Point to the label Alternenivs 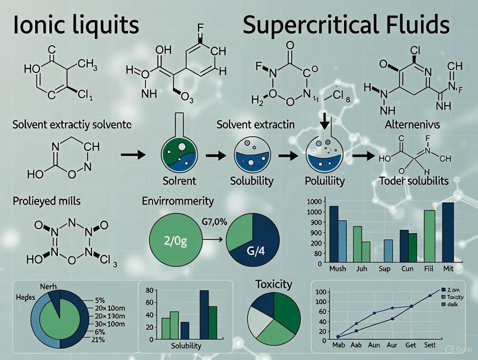coord(412,125)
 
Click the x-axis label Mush coord(337,269)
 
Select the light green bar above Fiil coord(429,236)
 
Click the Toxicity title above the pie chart coord(274,284)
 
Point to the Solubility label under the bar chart coord(186,346)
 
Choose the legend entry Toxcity coord(455,297)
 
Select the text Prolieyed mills coord(46,201)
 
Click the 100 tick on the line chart coord(320,292)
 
